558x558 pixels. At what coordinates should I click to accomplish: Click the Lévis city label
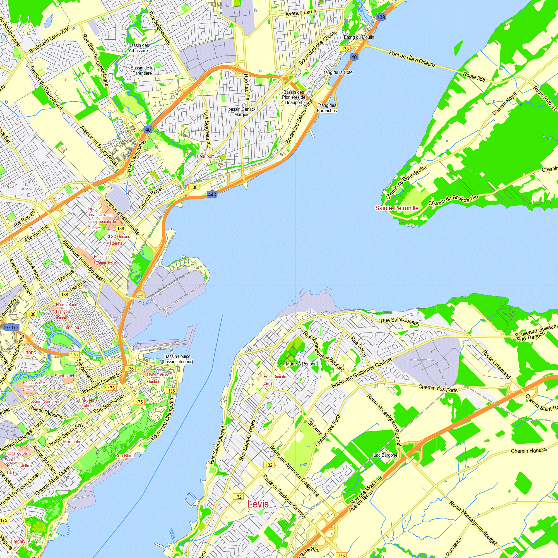click(x=258, y=504)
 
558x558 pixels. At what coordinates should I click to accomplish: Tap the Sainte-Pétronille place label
click(x=397, y=208)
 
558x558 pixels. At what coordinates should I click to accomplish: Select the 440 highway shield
click(x=212, y=194)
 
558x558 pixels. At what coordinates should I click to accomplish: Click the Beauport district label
click(x=205, y=156)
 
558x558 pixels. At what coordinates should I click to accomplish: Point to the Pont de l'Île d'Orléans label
click(x=412, y=59)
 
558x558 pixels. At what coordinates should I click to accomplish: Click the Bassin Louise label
click(x=177, y=359)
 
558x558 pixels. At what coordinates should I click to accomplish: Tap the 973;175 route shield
click(x=11, y=327)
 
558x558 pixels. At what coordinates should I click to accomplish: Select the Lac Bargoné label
click(x=385, y=455)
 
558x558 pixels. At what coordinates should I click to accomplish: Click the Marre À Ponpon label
click(x=301, y=364)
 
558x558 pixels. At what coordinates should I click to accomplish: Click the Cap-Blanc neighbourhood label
click(x=125, y=456)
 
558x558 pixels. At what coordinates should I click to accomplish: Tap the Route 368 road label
click(x=474, y=77)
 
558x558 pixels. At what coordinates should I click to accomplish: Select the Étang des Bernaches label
click(x=327, y=108)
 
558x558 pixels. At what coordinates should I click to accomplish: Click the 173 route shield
click(x=341, y=555)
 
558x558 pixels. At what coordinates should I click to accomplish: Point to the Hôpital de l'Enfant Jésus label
click(x=105, y=260)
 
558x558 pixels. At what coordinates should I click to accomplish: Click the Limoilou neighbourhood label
click(x=71, y=327)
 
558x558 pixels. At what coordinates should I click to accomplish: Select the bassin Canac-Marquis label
click(x=242, y=112)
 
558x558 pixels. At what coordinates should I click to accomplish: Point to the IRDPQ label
click(x=30, y=353)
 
